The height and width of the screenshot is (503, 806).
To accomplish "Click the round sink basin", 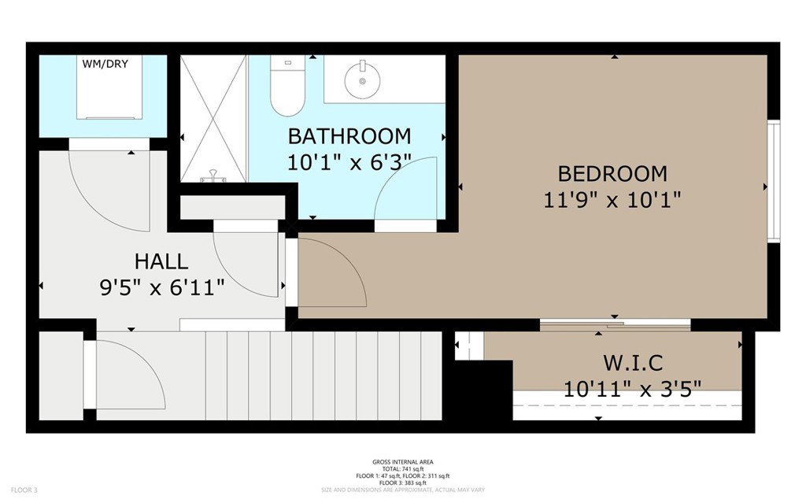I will [362, 80].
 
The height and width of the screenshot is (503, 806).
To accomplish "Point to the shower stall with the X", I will [213, 118].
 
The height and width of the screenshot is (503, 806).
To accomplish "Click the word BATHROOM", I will [349, 136].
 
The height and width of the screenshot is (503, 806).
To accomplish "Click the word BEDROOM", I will [612, 173].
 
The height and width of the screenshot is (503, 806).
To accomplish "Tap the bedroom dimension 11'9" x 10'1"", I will [612, 200].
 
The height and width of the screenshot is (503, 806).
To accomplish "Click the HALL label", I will [161, 261].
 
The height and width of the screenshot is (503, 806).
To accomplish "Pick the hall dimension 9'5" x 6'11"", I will [161, 288].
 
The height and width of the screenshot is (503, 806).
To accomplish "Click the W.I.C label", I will [633, 363].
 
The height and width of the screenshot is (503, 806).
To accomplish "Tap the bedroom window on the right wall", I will [773, 182].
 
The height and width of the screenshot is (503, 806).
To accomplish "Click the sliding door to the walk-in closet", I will [615, 324].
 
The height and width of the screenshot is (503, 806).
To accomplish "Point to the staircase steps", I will [315, 375].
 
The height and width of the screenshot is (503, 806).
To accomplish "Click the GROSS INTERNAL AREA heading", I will [402, 462].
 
